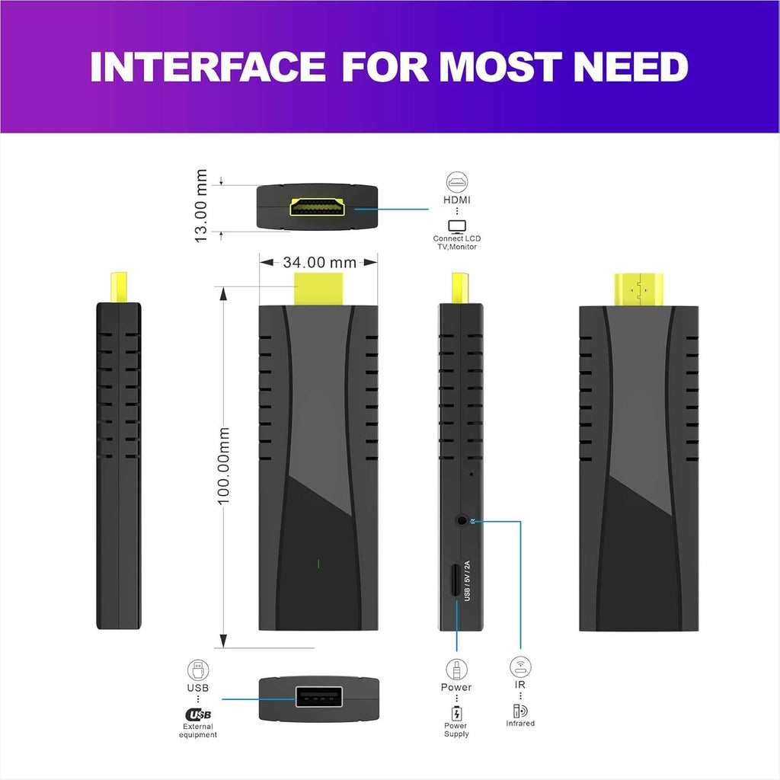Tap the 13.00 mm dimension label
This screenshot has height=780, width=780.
[x=201, y=206]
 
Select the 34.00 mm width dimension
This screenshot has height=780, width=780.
[x=319, y=262]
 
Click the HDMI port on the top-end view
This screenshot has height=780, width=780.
[x=317, y=206]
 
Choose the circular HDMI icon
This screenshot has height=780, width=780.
[x=457, y=183]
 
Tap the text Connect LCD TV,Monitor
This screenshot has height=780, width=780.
[x=457, y=242]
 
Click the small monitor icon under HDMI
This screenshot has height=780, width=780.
[x=457, y=226]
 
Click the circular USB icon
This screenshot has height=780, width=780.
[x=198, y=670]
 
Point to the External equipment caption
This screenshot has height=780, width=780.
[x=198, y=730]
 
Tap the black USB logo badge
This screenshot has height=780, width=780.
[x=198, y=714]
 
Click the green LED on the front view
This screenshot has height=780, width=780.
[x=318, y=564]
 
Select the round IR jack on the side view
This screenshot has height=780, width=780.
[x=462, y=521]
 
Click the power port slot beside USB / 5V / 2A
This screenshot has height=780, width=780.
[x=456, y=581]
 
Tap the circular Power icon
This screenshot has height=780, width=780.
[x=456, y=670]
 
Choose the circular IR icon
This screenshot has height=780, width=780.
[x=520, y=667]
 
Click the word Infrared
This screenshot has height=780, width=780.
[x=520, y=724]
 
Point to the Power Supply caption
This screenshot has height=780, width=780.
[x=456, y=730]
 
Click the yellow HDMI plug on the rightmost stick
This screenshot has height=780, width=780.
[x=638, y=289]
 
